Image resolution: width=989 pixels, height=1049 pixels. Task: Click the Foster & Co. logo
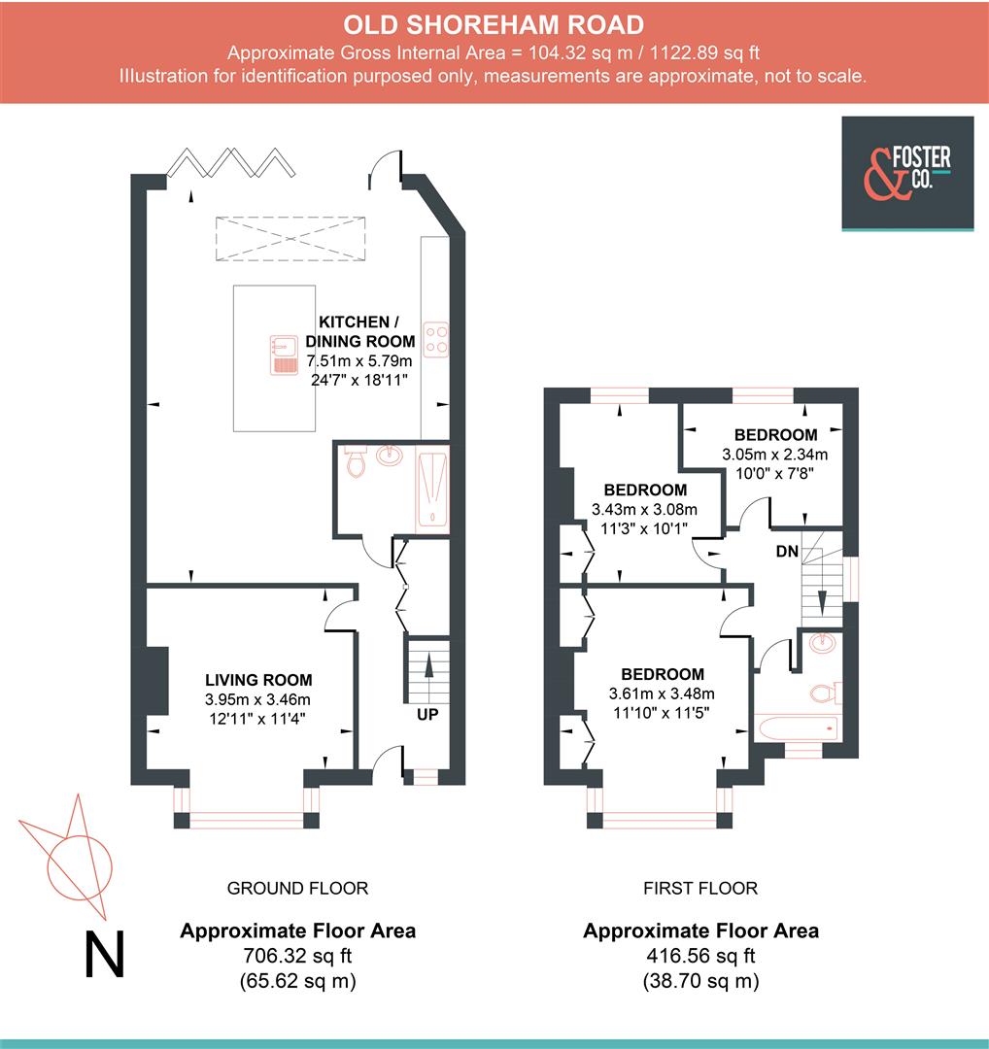click(907, 173)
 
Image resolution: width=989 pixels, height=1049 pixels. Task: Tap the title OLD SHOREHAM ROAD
click(494, 24)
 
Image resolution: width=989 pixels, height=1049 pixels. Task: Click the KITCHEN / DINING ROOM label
click(360, 331)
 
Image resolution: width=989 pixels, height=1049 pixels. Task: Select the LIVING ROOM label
click(258, 680)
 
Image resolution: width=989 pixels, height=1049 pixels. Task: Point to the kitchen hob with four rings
click(435, 339)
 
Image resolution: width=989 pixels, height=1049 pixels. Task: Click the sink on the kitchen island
click(284, 355)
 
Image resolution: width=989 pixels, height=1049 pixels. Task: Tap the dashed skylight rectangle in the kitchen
click(290, 238)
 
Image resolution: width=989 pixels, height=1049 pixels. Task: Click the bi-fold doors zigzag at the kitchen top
click(231, 162)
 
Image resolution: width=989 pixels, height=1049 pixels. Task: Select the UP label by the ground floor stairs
click(427, 715)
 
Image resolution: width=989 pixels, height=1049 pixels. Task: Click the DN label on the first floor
click(787, 552)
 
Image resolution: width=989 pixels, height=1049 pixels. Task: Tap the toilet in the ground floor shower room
click(356, 460)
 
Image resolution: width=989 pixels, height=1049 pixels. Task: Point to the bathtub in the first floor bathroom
click(797, 728)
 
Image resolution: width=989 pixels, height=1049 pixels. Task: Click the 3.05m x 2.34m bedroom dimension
click(775, 455)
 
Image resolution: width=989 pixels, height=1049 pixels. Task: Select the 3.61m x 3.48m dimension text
click(662, 694)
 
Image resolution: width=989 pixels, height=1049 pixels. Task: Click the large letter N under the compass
click(105, 954)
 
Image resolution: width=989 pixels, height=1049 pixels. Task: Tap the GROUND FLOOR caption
click(298, 889)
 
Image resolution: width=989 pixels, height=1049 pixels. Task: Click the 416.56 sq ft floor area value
click(700, 956)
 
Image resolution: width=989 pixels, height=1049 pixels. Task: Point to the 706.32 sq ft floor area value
click(298, 956)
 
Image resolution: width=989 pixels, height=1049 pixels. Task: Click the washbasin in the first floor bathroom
click(822, 644)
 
